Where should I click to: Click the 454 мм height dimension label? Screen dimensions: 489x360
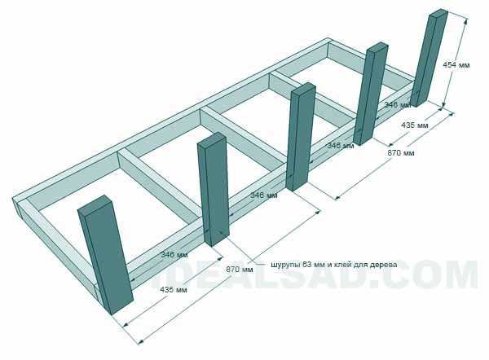coord(456,65)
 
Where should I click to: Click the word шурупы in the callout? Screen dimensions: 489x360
coord(283,265)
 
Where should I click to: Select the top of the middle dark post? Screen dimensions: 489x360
coord(303,88)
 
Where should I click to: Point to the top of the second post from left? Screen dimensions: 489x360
coord(212,138)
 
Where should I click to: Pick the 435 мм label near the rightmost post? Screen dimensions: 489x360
coord(415,125)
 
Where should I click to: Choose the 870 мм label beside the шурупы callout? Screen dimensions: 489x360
coord(240,269)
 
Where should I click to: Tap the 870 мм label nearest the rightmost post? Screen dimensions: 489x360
coord(401,153)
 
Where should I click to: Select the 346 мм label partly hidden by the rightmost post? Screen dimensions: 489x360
coord(398,105)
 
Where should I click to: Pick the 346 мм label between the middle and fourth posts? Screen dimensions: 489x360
coord(340,145)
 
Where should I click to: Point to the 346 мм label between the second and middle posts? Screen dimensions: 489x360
coord(264,195)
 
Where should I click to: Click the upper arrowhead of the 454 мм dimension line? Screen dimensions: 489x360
coord(466,20)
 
